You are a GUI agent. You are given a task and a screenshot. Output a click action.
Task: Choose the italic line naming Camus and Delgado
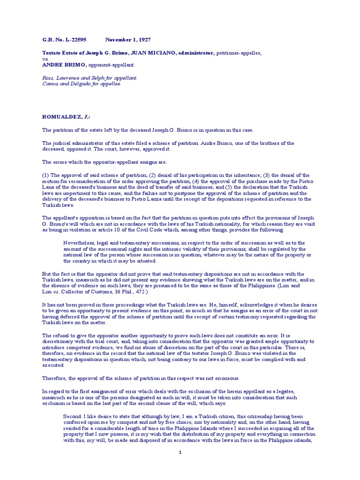(82, 84)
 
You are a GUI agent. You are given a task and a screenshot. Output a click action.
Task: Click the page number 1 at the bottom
(180, 453)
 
